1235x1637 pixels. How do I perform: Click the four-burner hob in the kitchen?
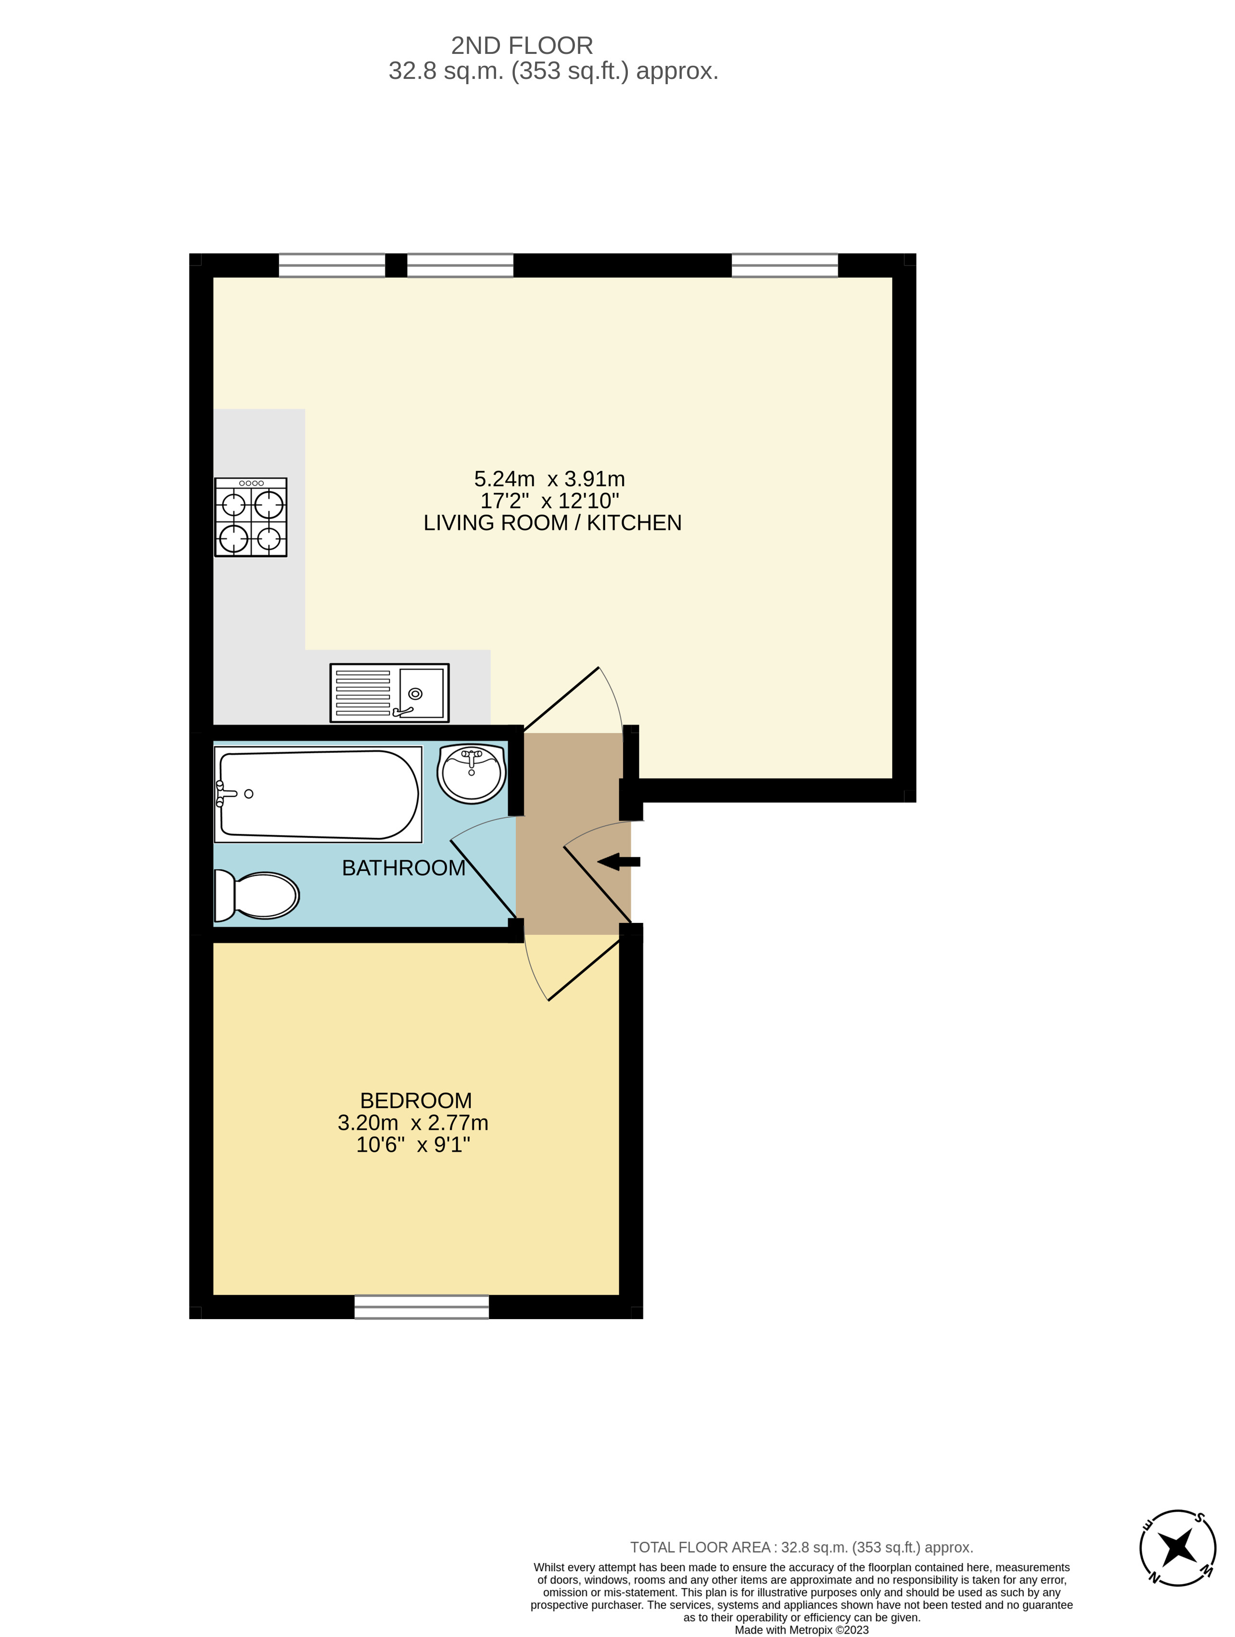click(x=251, y=516)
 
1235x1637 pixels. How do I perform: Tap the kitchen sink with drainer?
click(x=389, y=692)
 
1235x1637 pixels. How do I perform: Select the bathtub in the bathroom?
click(x=318, y=794)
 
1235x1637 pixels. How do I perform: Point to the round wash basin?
click(x=471, y=773)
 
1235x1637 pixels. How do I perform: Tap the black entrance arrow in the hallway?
click(x=619, y=861)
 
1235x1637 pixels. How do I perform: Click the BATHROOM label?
click(x=403, y=868)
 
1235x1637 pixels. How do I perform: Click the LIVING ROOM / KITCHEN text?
click(x=552, y=522)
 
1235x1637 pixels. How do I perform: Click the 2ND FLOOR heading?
click(x=522, y=46)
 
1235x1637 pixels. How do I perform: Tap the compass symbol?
click(x=1177, y=1548)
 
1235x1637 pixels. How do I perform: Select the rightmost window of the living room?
click(x=785, y=265)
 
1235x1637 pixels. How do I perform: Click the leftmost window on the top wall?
click(x=332, y=265)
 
